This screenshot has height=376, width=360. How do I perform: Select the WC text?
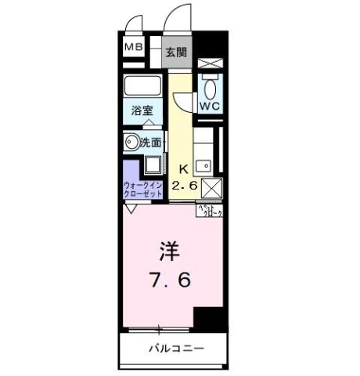pyautogui.click(x=208, y=104)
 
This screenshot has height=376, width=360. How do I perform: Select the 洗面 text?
pyautogui.click(x=150, y=143)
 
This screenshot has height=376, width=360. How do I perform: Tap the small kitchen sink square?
pyautogui.click(x=203, y=165)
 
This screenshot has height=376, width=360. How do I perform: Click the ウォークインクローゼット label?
pyautogui.click(x=142, y=190)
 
